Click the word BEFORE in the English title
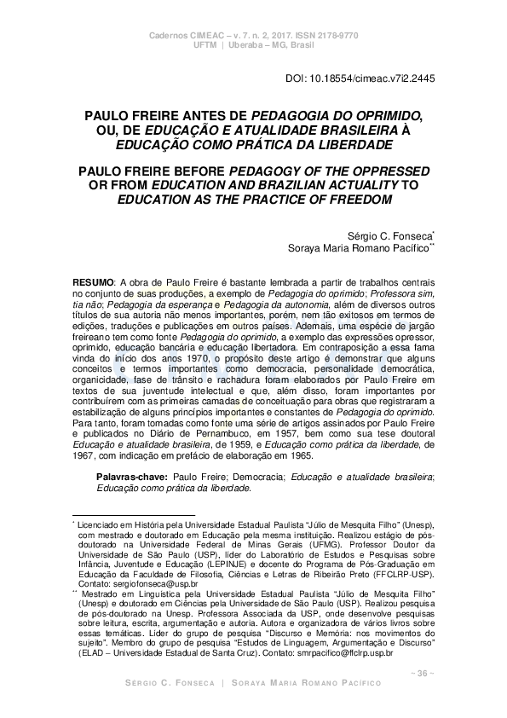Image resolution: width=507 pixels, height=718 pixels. (193, 171)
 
